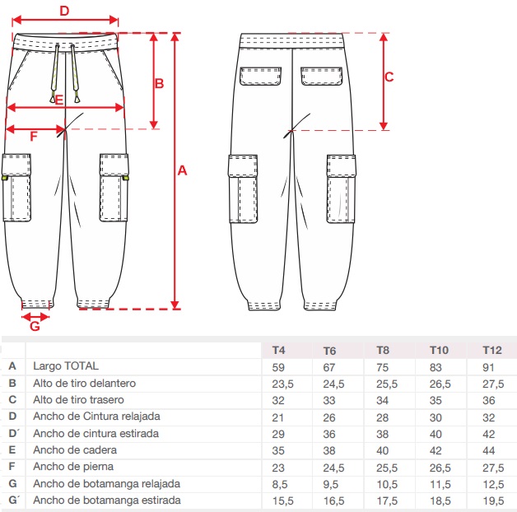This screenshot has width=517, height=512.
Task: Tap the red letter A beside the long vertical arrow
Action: pyautogui.click(x=183, y=170)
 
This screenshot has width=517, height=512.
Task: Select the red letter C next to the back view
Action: pyautogui.click(x=389, y=77)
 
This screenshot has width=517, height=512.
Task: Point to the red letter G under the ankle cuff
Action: pyautogui.click(x=34, y=326)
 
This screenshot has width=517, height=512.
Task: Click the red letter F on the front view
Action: pyautogui.click(x=33, y=137)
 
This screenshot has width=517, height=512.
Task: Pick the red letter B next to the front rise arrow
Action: pyautogui.click(x=160, y=83)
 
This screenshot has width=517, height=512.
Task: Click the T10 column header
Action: pyautogui.click(x=439, y=349)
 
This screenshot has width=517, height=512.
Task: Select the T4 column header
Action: pyautogui.click(x=279, y=349)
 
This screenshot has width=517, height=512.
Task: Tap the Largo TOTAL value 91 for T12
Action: pyautogui.click(x=491, y=366)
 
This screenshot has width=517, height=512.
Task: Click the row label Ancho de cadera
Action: pyautogui.click(x=75, y=450)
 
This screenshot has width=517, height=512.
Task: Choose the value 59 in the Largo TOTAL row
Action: pyautogui.click(x=278, y=366)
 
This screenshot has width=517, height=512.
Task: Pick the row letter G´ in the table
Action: pyautogui.click(x=13, y=500)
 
